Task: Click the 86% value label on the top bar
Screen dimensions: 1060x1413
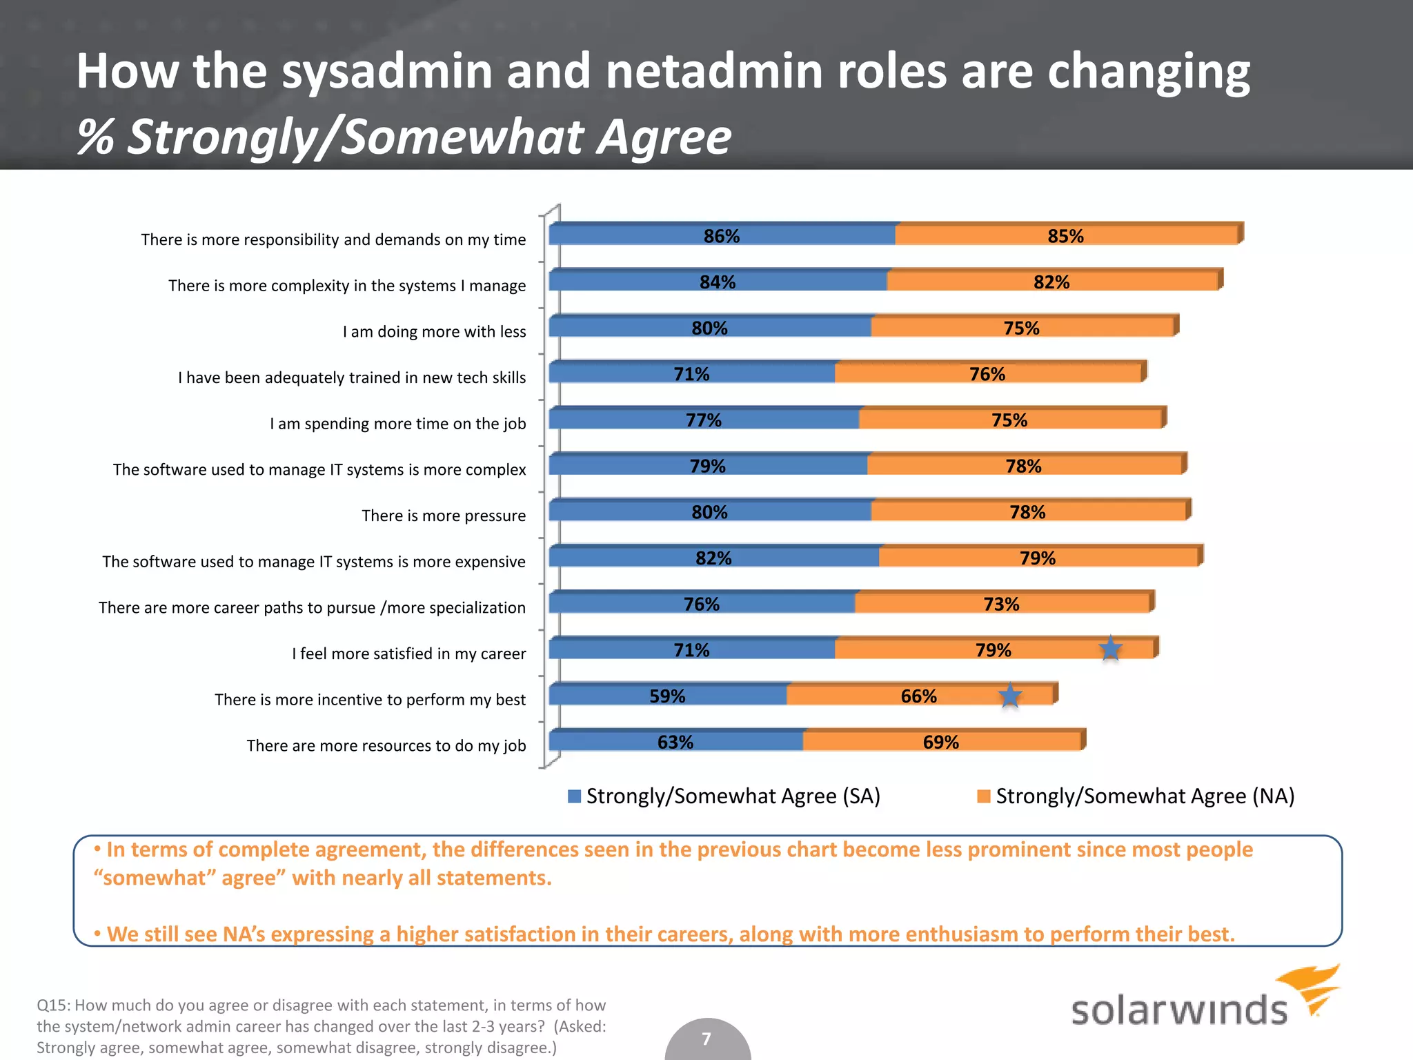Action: point(721,236)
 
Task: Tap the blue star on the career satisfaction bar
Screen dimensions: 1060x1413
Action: point(1110,649)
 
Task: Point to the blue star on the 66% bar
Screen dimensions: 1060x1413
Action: point(1010,695)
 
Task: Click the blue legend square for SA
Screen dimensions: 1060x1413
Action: point(574,796)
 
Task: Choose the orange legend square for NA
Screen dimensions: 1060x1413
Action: point(984,796)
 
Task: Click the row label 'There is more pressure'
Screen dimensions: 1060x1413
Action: point(444,516)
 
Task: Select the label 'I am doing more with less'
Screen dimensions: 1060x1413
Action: point(434,331)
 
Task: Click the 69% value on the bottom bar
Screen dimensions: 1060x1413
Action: point(940,742)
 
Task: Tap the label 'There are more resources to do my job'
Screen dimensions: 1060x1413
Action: point(386,745)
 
